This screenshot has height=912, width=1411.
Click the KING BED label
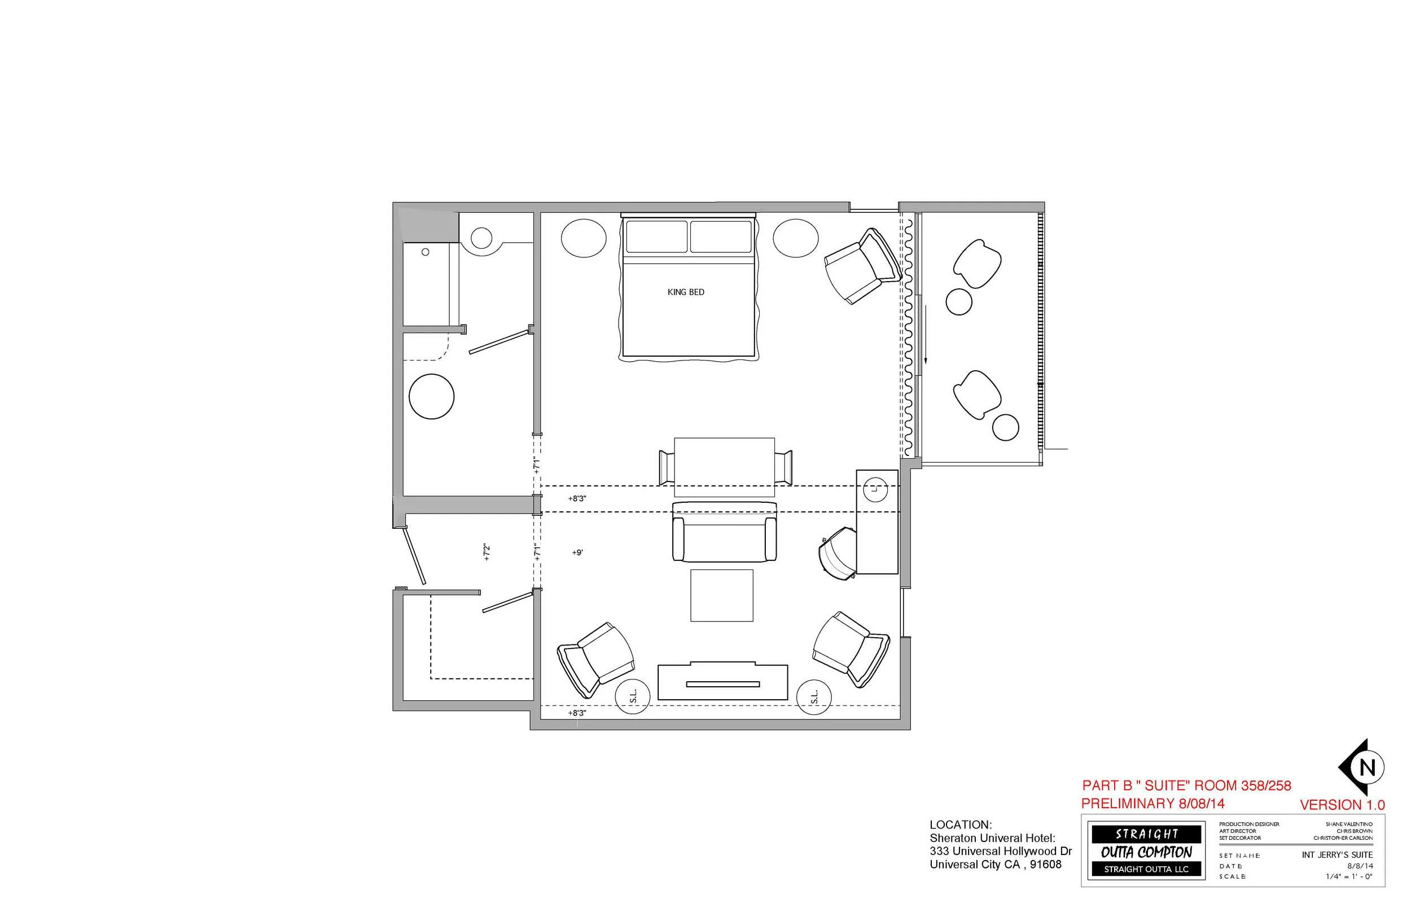pyautogui.click(x=685, y=292)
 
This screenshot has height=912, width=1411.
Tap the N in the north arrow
pyautogui.click(x=1366, y=768)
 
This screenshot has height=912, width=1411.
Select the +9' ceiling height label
pyautogui.click(x=577, y=553)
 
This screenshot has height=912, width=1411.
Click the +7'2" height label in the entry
pyautogui.click(x=487, y=553)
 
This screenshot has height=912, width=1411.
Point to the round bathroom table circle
pyautogui.click(x=431, y=397)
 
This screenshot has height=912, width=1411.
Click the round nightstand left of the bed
pyautogui.click(x=583, y=238)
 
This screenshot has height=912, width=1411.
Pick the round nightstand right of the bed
pyautogui.click(x=795, y=238)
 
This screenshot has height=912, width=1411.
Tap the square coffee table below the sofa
pyautogui.click(x=721, y=595)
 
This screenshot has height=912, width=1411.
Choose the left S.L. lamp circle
pyautogui.click(x=632, y=696)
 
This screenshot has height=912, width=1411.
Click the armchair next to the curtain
pyautogui.click(x=862, y=266)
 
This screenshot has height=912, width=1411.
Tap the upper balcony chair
pyautogui.click(x=976, y=264)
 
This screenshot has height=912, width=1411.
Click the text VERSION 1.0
pyautogui.click(x=1342, y=805)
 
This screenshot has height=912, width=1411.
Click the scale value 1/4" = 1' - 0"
pyautogui.click(x=1349, y=876)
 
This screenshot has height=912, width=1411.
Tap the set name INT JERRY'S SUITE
pyautogui.click(x=1337, y=854)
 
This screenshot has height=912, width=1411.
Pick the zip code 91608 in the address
pyautogui.click(x=1046, y=864)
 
